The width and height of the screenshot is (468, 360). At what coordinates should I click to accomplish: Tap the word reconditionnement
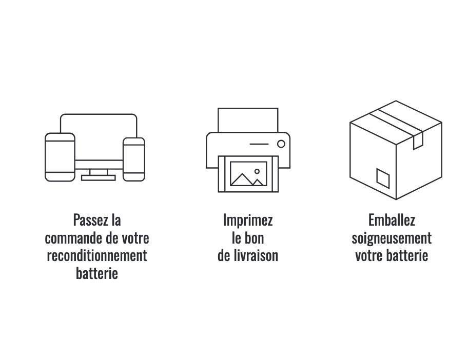pos(97,255)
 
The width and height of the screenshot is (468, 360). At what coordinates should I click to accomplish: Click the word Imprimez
pos(248,221)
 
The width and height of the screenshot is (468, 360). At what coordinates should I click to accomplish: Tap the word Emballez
pos(392,220)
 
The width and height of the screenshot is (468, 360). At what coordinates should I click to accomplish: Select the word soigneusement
pos(392,238)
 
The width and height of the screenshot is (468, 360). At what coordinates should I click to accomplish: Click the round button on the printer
pos(281,144)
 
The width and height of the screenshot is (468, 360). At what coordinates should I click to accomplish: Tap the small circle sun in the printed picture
pos(257,171)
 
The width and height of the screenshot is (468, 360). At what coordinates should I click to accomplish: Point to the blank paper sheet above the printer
pos(248,120)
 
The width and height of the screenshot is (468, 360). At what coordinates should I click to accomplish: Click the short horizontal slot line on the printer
pos(259,144)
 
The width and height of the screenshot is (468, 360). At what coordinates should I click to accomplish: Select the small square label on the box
pos(383,178)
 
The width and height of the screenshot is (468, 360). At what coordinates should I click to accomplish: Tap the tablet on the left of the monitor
pos(60,157)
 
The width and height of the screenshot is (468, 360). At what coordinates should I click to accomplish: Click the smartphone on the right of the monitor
pos(134,159)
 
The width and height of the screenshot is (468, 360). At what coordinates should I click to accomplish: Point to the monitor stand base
pos(98,178)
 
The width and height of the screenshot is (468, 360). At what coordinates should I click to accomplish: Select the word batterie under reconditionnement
pos(97,273)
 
